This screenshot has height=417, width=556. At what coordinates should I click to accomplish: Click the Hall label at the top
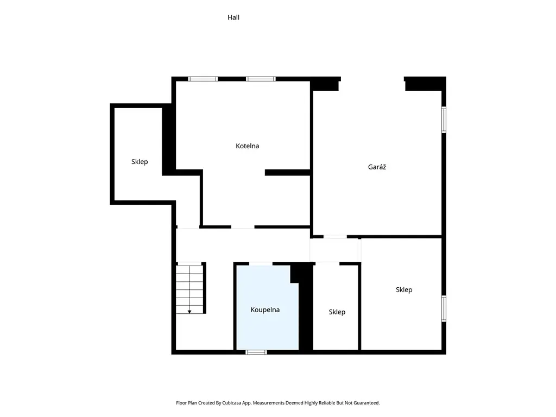[233, 17]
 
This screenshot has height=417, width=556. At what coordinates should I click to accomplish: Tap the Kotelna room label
[247, 146]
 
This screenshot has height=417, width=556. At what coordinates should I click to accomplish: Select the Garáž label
[377, 167]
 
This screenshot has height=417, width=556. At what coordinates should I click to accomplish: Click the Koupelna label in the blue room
[265, 309]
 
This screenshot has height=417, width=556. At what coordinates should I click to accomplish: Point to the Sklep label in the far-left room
[140, 162]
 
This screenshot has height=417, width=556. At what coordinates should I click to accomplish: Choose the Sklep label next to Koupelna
[337, 312]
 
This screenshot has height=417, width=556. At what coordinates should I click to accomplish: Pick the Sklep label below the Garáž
[404, 290]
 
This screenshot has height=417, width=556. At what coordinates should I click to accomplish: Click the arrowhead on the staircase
[189, 312]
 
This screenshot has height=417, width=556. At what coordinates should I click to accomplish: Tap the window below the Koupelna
[256, 352]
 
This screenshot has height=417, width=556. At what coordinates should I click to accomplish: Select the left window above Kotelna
[203, 79]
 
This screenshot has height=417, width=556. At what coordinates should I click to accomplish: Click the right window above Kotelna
[261, 79]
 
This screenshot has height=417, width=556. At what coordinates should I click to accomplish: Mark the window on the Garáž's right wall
[444, 119]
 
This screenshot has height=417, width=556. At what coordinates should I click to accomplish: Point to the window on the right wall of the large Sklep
[444, 308]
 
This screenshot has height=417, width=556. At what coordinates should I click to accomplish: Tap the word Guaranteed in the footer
[365, 403]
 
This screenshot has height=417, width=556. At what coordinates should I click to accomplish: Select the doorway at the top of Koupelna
[261, 264]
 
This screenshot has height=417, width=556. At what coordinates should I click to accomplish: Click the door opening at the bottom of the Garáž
[335, 237]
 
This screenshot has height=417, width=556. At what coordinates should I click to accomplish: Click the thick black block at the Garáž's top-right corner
[425, 84]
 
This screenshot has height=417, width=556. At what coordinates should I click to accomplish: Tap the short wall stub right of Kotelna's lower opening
[288, 173]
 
